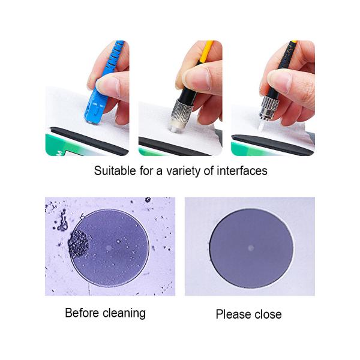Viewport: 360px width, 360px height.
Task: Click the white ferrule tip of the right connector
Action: click(x=262, y=125)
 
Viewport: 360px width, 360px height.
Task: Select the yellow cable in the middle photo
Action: click(x=206, y=52)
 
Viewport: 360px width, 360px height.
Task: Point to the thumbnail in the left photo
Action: click(x=109, y=86)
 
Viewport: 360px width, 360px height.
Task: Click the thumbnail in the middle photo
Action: click(x=198, y=79)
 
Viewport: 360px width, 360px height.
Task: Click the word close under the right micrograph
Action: click(x=267, y=314)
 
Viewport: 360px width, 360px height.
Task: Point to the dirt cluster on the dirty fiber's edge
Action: click(x=79, y=244)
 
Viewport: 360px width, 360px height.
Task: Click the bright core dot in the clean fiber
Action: click(x=251, y=248)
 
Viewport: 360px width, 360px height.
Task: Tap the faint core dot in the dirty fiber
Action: click(x=109, y=248)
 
